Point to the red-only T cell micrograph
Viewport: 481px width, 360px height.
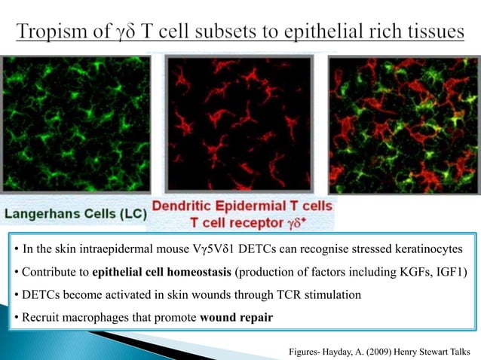tap(239, 124)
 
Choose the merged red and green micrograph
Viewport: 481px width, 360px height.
tap(401, 124)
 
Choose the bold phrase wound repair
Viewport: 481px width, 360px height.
tap(236, 316)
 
